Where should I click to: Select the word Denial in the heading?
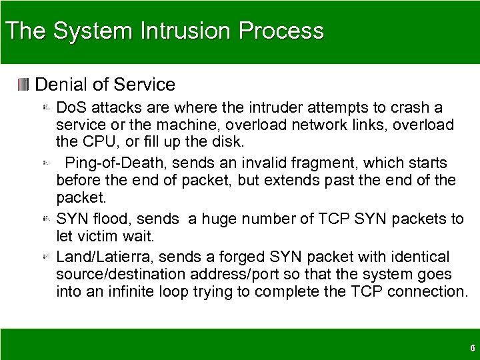pyautogui.click(x=61, y=85)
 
